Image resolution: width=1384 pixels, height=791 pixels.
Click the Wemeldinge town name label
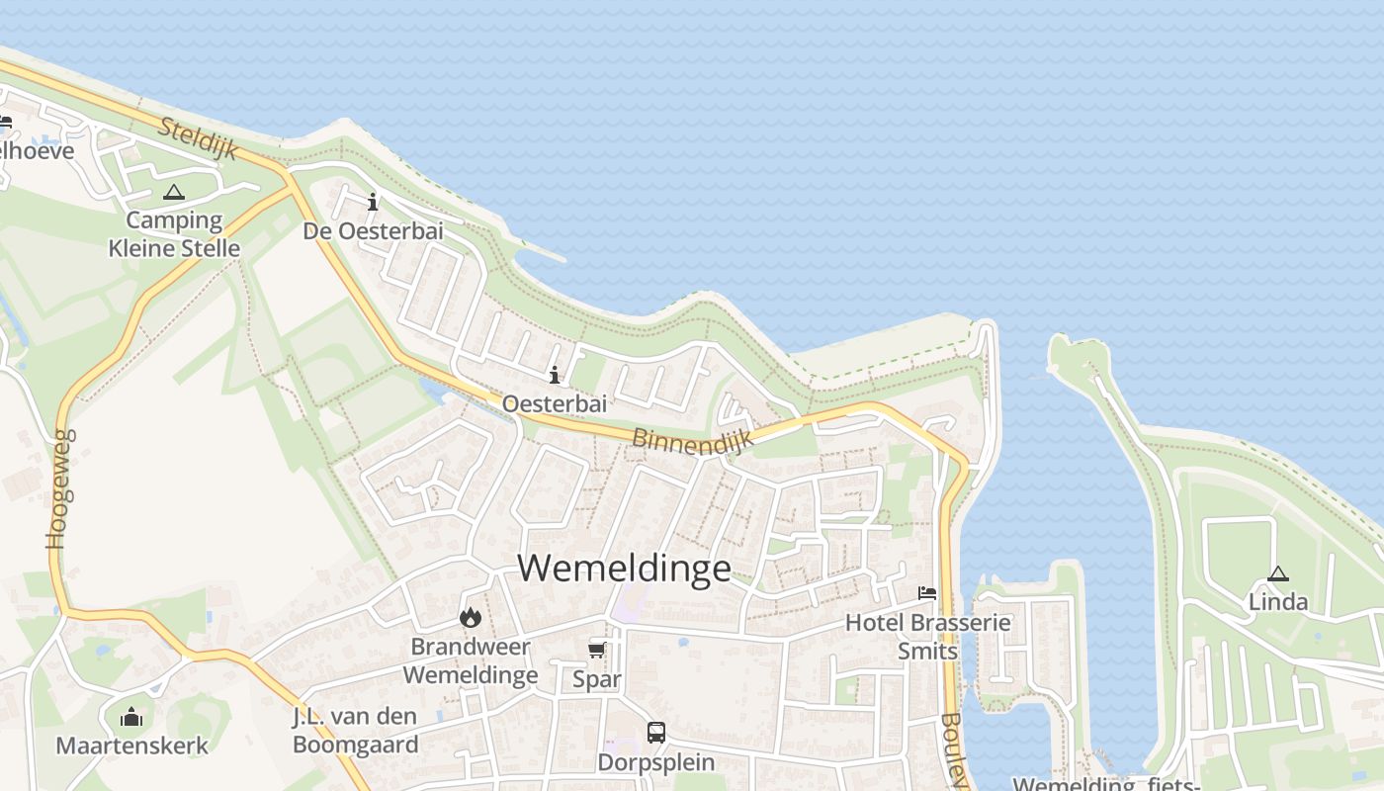624,569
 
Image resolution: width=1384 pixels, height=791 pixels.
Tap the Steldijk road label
199,138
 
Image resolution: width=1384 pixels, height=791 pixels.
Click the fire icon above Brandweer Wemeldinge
470,618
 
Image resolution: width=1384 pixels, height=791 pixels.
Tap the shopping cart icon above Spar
597,650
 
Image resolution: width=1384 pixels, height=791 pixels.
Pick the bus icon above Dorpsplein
656,733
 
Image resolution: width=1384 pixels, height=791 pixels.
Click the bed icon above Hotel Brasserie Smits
927,593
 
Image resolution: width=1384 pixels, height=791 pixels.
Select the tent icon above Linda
1278,573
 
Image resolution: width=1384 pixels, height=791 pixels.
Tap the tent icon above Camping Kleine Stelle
174,192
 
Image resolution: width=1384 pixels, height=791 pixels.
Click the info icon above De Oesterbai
373,202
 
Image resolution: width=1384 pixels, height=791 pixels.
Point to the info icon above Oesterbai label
555,375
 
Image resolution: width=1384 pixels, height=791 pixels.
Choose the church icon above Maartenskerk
131,717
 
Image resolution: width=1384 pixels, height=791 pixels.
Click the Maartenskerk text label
131,746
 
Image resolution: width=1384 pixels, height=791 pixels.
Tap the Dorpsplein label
655,762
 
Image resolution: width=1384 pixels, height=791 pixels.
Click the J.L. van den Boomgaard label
356,731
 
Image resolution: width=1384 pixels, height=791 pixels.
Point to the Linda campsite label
1277,602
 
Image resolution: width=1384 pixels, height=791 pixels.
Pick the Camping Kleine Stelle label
174,234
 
